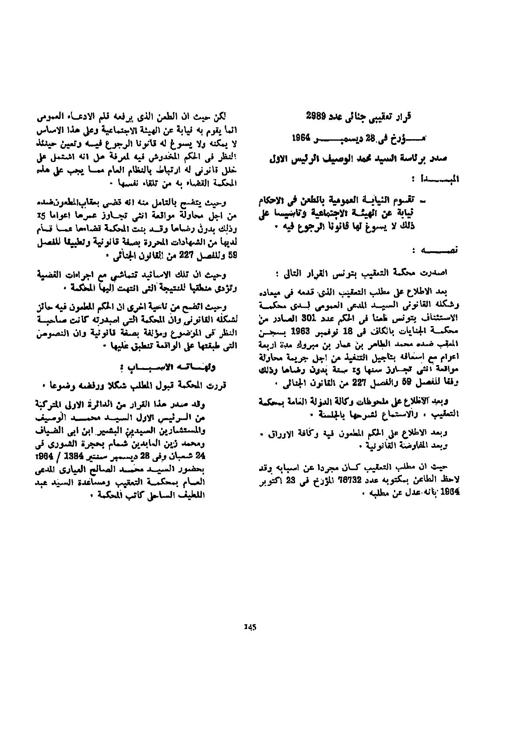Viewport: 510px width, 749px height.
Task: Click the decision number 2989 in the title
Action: tap(316, 116)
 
